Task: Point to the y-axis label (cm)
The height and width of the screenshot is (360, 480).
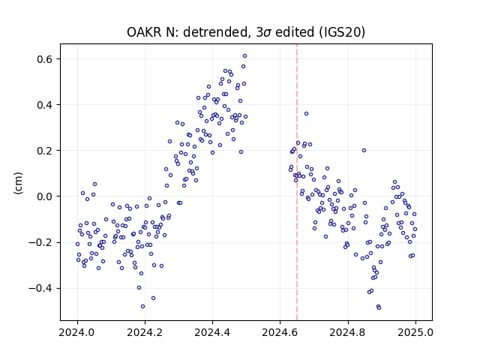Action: pyautogui.click(x=18, y=183)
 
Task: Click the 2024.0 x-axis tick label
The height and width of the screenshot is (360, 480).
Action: pyautogui.click(x=77, y=332)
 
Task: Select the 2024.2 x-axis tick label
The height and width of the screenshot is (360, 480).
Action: pyautogui.click(x=145, y=332)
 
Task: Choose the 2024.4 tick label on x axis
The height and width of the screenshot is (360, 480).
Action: pyautogui.click(x=212, y=332)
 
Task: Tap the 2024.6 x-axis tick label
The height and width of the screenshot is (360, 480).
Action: pyautogui.click(x=280, y=332)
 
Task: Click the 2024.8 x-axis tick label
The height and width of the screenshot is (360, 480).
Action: pyautogui.click(x=348, y=332)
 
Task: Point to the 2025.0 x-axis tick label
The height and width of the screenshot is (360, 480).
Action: pyautogui.click(x=415, y=332)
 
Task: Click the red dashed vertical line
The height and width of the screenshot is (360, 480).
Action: pyautogui.click(x=297, y=182)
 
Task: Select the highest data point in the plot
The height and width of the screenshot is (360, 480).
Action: pyautogui.click(x=245, y=56)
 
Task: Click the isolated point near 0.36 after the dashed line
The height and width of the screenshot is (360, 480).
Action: pyautogui.click(x=306, y=114)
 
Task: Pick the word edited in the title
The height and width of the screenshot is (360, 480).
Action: pyautogui.click(x=295, y=31)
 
